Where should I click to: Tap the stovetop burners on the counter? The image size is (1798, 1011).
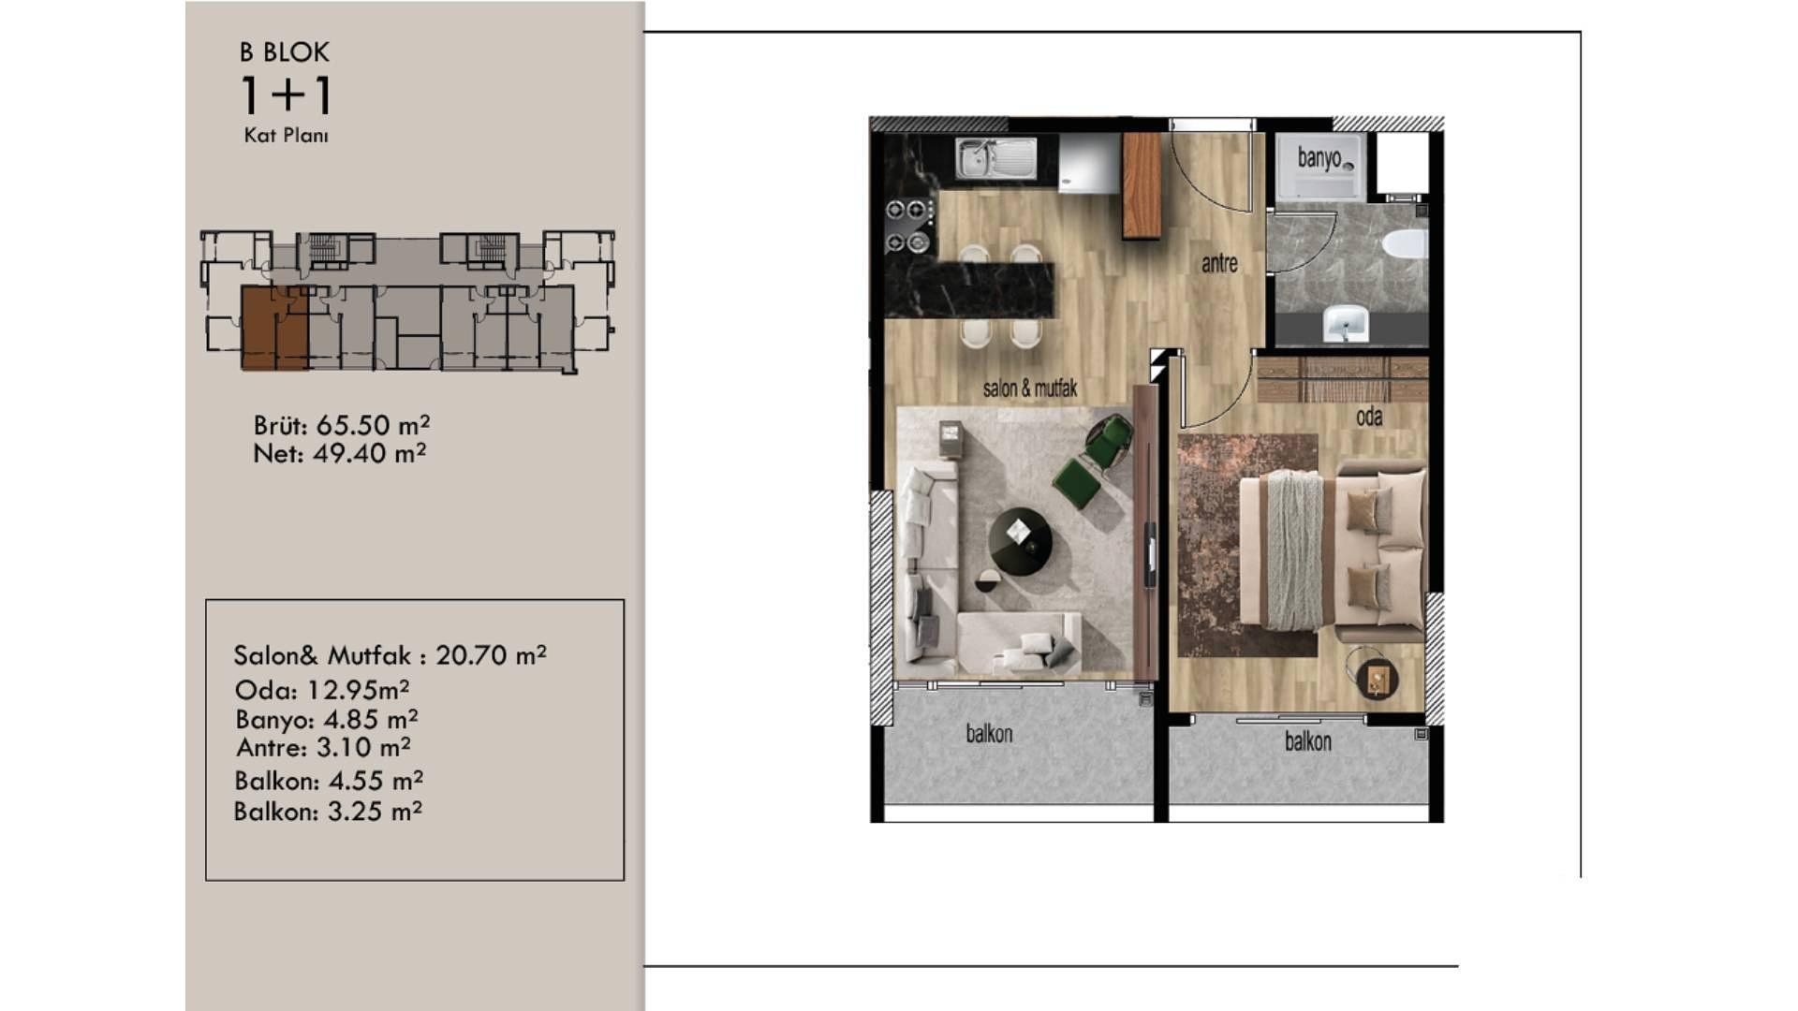click(909, 226)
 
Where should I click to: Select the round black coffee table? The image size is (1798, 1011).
click(1020, 541)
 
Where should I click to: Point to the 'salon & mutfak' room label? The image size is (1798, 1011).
click(1030, 388)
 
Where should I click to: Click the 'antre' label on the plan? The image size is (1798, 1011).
click(1219, 264)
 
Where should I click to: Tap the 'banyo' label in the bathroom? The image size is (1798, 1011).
click(1319, 157)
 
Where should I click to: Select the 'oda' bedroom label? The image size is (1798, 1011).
click(1369, 417)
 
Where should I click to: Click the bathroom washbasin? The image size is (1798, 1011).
click(1346, 323)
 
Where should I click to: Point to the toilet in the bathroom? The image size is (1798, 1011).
click(1405, 243)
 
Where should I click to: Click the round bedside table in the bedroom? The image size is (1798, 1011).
click(1377, 678)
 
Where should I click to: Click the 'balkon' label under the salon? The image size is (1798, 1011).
click(989, 733)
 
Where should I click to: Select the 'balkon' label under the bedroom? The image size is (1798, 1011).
click(1307, 741)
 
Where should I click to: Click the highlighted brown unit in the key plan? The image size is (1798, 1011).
click(274, 328)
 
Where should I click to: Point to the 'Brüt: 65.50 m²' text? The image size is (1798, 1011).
click(342, 425)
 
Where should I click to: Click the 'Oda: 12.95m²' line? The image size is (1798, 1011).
click(322, 690)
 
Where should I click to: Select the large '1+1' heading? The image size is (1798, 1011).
click(286, 95)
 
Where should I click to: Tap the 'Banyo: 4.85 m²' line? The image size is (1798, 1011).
click(327, 719)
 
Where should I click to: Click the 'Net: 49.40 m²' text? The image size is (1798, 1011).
click(340, 453)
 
